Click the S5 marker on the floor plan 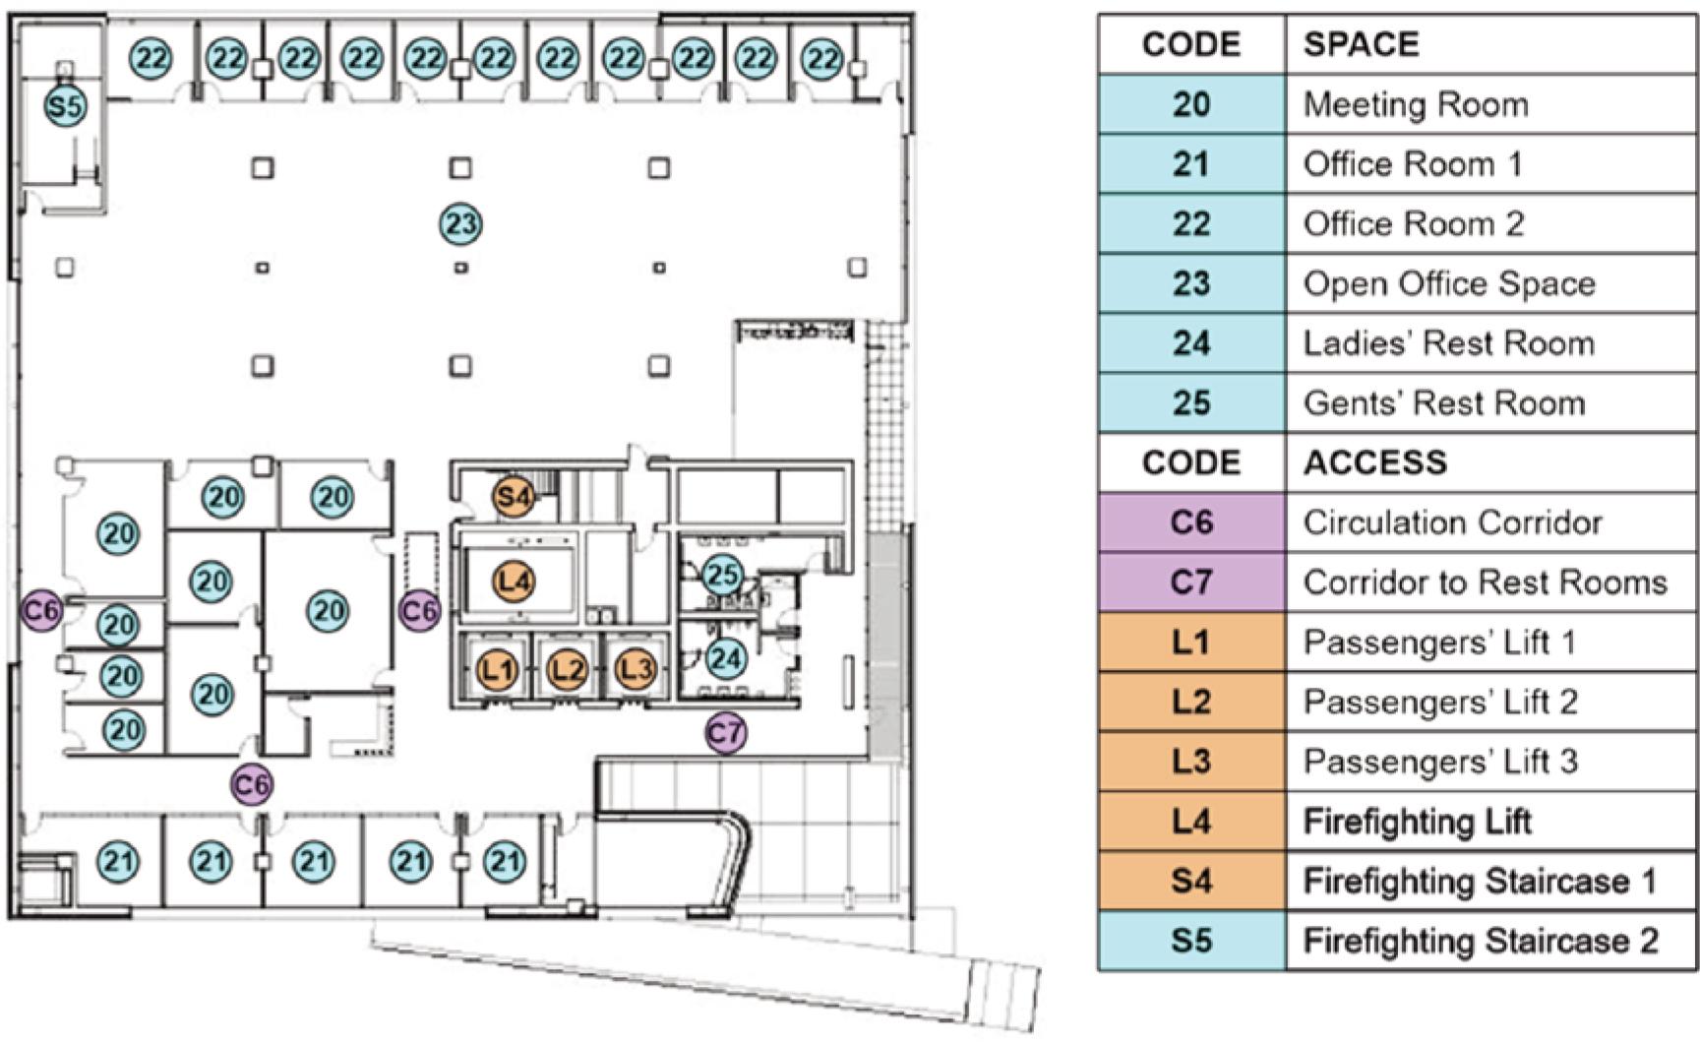click(65, 105)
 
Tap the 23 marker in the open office click(460, 224)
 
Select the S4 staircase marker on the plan click(514, 496)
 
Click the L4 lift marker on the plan click(514, 582)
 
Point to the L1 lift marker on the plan click(498, 670)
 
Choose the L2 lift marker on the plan click(567, 670)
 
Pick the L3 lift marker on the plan click(635, 670)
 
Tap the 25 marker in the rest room click(722, 575)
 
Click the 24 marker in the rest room click(726, 658)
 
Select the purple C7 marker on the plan click(725, 733)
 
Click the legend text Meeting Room click(1416, 104)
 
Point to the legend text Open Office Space click(1449, 283)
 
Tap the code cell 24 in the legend click(1191, 343)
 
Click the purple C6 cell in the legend click(1191, 522)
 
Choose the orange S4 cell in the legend click(1191, 881)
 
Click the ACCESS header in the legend click(1375, 462)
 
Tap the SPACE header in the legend click(1362, 44)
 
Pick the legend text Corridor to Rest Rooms click(1485, 582)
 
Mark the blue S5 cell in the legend click(1191, 941)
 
